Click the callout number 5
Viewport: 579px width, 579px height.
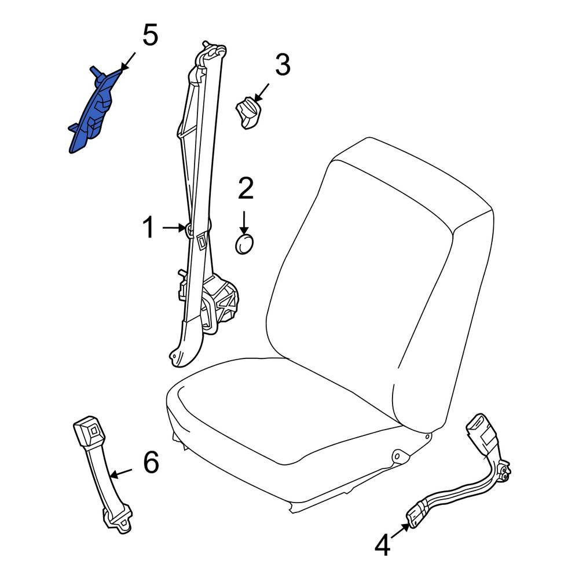151,35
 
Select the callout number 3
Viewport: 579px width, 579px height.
283,65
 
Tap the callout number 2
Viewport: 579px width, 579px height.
245,188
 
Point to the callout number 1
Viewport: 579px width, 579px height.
149,228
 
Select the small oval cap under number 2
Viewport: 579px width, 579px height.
244,244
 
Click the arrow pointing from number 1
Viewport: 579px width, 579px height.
174,228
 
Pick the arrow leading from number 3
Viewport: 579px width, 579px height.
262,93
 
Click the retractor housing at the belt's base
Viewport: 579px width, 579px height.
219,303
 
